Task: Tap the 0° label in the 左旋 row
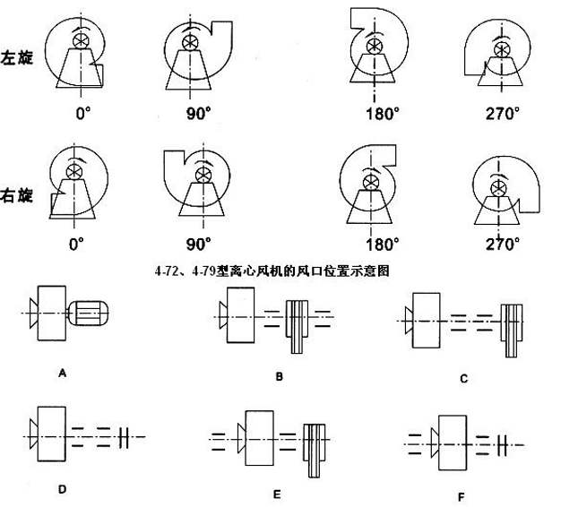[84, 114]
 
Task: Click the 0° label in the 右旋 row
[76, 243]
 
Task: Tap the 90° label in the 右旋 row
[197, 243]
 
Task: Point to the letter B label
[279, 377]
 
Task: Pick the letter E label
[277, 494]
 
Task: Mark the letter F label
[460, 495]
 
